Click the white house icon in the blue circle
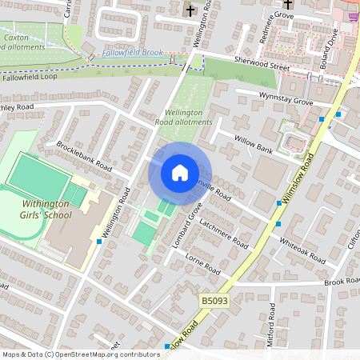tap(180, 173)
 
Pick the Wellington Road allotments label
tap(188, 117)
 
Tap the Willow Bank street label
tap(254, 143)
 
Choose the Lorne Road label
tap(202, 266)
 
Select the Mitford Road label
tap(272, 323)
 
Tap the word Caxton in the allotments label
tap(16, 38)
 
